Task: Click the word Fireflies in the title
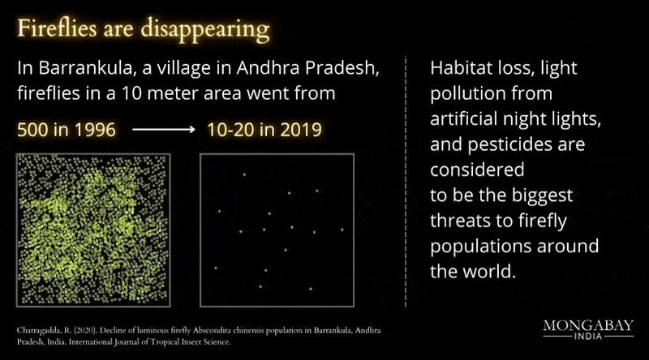point(57,28)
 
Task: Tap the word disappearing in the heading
point(205,30)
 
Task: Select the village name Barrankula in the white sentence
point(85,68)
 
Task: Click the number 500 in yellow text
point(32,130)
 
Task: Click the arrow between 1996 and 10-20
point(164,130)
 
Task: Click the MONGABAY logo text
point(588,325)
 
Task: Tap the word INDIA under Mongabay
point(588,336)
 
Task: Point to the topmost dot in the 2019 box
point(244,174)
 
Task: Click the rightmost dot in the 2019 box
point(342,229)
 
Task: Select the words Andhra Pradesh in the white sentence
point(308,68)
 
